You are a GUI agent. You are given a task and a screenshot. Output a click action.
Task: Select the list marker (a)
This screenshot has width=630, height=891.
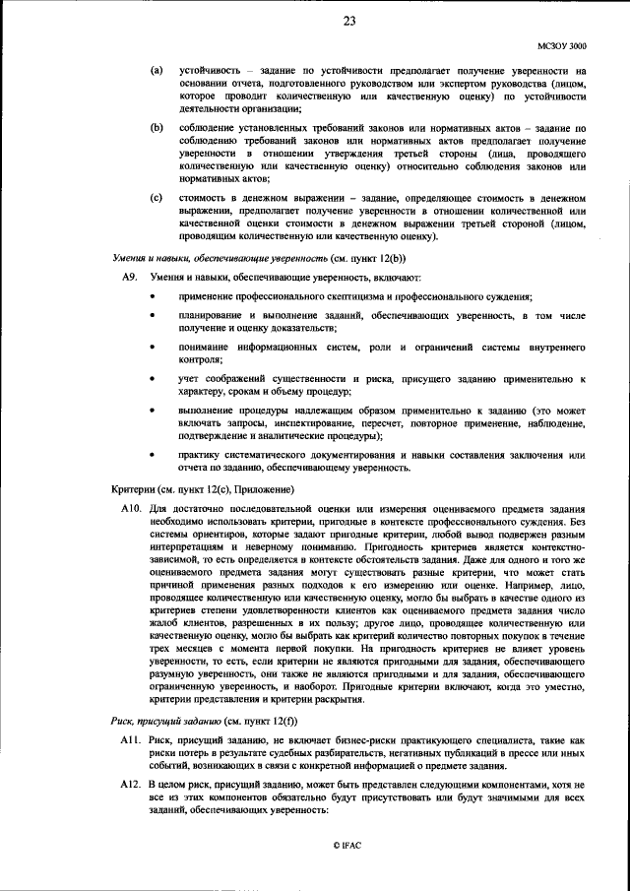click(x=157, y=71)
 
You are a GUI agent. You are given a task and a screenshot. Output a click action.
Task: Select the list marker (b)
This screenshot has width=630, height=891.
click(x=157, y=128)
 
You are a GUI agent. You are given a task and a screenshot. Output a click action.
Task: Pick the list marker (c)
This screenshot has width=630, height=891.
click(x=157, y=198)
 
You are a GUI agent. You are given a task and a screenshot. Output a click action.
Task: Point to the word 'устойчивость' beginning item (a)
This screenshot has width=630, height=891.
click(x=208, y=71)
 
